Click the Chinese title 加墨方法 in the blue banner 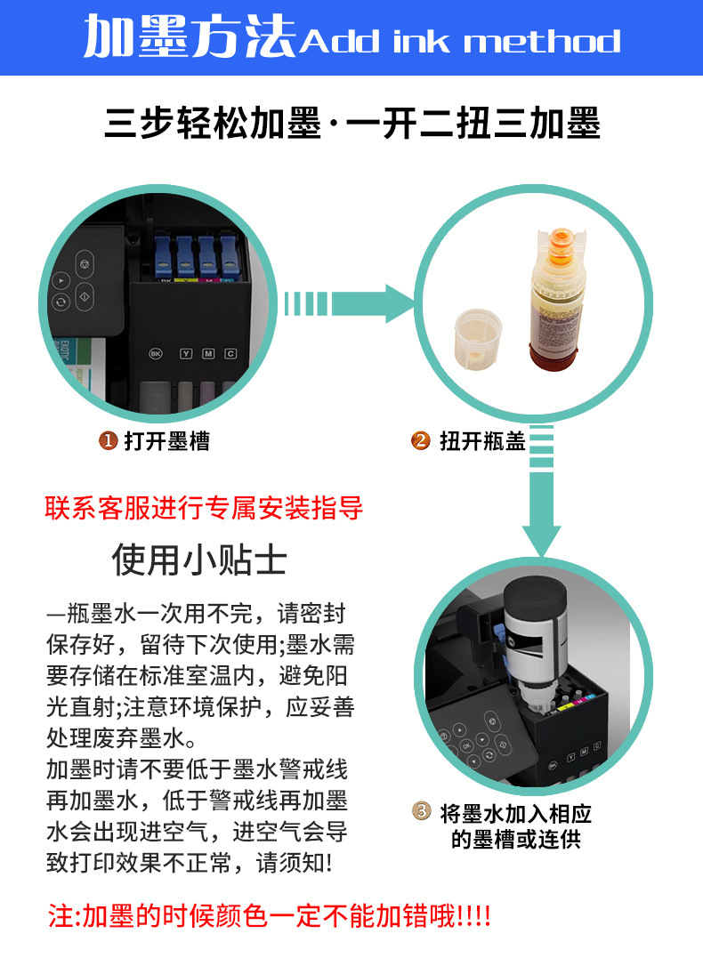pos(190,40)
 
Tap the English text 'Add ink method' pos(459,42)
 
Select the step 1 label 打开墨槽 pos(166,440)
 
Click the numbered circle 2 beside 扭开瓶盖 pos(421,440)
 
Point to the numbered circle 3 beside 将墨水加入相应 pos(422,811)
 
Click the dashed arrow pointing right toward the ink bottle pos(347,304)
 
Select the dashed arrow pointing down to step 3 pos(541,498)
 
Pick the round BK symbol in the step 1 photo pos(157,353)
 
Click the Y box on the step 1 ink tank pos(185,353)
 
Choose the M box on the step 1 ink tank pos(208,353)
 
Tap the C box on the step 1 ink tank pos(230,353)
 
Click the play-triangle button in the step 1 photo pos(61,279)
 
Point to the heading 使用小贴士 pos(199,560)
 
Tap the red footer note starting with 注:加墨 pos(270,915)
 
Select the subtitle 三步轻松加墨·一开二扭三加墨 pos(352,124)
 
